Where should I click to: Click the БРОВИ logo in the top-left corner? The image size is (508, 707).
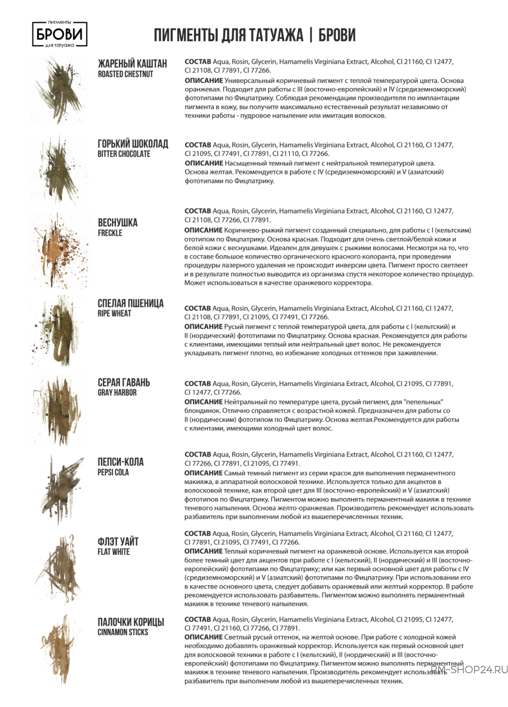[x=60, y=34]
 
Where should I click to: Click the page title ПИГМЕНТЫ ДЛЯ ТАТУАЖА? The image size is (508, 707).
[x=228, y=35]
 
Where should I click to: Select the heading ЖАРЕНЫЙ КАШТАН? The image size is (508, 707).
[x=133, y=64]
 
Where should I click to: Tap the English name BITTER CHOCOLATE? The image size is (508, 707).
[x=124, y=154]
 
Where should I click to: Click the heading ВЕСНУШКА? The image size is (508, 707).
[x=118, y=223]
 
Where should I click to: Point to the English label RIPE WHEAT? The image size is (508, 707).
[x=114, y=313]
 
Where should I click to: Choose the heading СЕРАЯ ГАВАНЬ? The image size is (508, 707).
[x=124, y=383]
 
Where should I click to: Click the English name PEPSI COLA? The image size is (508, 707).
[x=113, y=472]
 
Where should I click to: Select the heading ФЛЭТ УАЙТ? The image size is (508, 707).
[x=118, y=542]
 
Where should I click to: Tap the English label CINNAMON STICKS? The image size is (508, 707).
[x=123, y=632]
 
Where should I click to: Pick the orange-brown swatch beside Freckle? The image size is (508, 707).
[x=58, y=252]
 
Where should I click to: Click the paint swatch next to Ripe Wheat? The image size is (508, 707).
[x=58, y=331]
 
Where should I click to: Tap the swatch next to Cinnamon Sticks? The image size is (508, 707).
[x=60, y=648]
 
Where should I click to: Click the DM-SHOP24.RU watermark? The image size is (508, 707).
[x=469, y=669]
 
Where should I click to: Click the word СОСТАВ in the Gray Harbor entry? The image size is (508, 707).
[x=198, y=384]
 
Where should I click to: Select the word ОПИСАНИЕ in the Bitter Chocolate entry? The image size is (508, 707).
[x=204, y=163]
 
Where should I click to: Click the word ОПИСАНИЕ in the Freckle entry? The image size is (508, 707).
[x=204, y=230]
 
